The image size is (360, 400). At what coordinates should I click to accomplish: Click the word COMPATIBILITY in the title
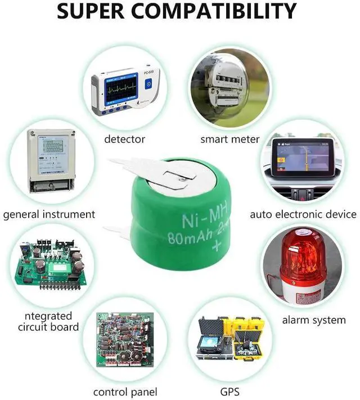pyautogui.click(x=224, y=11)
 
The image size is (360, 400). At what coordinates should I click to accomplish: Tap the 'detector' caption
pyautogui.click(x=124, y=139)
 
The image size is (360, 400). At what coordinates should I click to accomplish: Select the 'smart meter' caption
pyautogui.click(x=230, y=139)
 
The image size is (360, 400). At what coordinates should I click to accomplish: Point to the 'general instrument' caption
pyautogui.click(x=49, y=214)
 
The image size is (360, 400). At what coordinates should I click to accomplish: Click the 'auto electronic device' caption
pyautogui.click(x=303, y=214)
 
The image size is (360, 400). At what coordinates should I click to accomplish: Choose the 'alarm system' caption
pyautogui.click(x=313, y=320)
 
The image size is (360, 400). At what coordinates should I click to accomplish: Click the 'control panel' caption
pyautogui.click(x=125, y=392)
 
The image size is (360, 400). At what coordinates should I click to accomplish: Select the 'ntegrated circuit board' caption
pyautogui.click(x=48, y=321)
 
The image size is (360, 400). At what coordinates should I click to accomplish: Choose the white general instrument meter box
pyautogui.click(x=51, y=160)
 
